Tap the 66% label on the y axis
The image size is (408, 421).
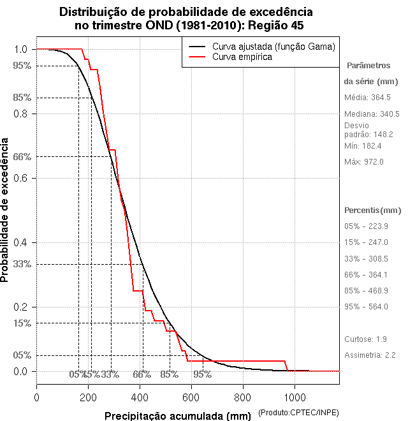point(21,156)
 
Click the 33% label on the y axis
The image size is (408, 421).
point(21,263)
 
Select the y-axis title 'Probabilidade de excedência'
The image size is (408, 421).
point(6,209)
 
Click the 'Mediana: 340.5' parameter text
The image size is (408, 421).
point(372,114)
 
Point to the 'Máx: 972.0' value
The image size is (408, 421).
point(363,162)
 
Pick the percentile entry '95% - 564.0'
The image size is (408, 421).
point(366,307)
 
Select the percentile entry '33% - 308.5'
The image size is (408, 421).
point(366,259)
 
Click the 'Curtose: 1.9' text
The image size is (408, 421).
point(365,339)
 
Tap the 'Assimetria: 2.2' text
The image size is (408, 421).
point(371,355)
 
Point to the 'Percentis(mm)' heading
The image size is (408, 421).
point(373,211)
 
